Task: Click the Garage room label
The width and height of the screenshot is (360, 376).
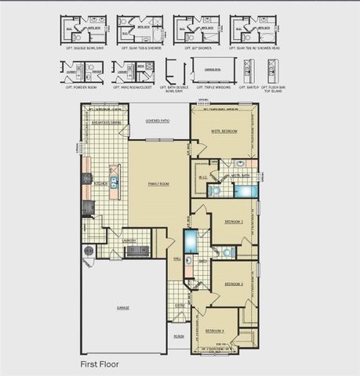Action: [x=123, y=308]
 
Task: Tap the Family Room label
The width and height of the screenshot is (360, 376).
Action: [x=159, y=183]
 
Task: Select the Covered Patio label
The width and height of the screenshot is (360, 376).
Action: [x=159, y=121]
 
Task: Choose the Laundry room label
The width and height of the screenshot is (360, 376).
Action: [x=130, y=240]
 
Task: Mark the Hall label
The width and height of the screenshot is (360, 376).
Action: [x=177, y=258]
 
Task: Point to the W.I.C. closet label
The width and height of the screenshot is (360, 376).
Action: [x=202, y=177]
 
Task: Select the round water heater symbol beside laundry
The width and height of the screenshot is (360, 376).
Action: [x=88, y=251]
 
